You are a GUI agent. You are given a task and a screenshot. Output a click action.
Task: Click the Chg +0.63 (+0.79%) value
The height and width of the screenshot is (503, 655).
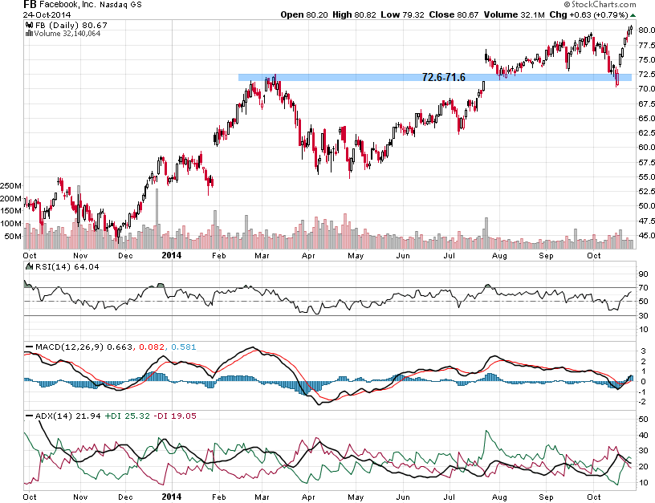pyautogui.click(x=592, y=15)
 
